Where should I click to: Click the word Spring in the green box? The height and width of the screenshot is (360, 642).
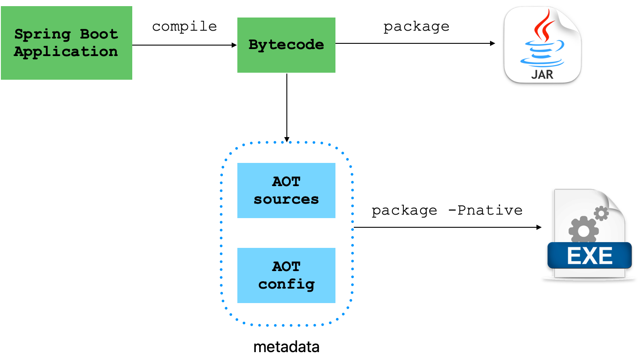(x=42, y=34)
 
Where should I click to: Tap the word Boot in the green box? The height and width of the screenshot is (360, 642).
(x=99, y=34)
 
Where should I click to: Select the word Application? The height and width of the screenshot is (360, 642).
(x=66, y=52)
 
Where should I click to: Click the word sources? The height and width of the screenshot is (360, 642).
(x=286, y=199)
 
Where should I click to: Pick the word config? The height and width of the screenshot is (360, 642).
(x=286, y=285)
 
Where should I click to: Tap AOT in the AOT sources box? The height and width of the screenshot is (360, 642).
(x=286, y=181)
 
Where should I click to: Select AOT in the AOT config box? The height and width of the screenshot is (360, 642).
(x=286, y=266)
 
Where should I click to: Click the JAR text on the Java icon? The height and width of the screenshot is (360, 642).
(x=542, y=74)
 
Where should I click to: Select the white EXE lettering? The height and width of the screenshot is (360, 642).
(x=589, y=256)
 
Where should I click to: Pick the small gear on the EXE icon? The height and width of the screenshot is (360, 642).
(x=601, y=213)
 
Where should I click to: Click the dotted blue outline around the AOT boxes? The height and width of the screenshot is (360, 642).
(x=221, y=232)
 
